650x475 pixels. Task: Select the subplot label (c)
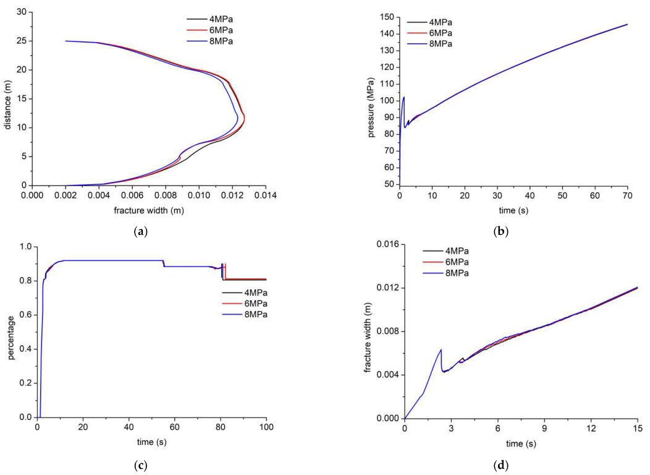(140, 463)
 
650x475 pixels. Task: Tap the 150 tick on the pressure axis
(386, 17)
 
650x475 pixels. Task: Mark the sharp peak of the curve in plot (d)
(441, 349)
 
